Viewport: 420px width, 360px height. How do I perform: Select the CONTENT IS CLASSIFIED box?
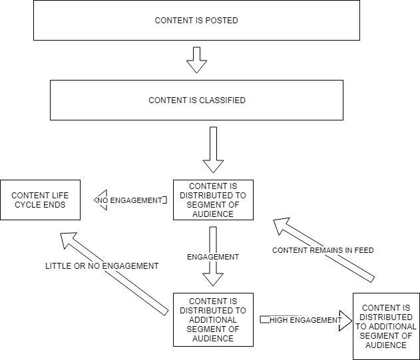point(196,100)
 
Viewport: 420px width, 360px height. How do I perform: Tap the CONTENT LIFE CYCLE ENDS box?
point(40,200)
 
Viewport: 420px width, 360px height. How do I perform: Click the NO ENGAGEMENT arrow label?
point(130,200)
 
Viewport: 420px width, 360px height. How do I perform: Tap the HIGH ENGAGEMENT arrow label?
point(306,320)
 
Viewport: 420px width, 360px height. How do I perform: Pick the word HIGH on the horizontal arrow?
point(281,320)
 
